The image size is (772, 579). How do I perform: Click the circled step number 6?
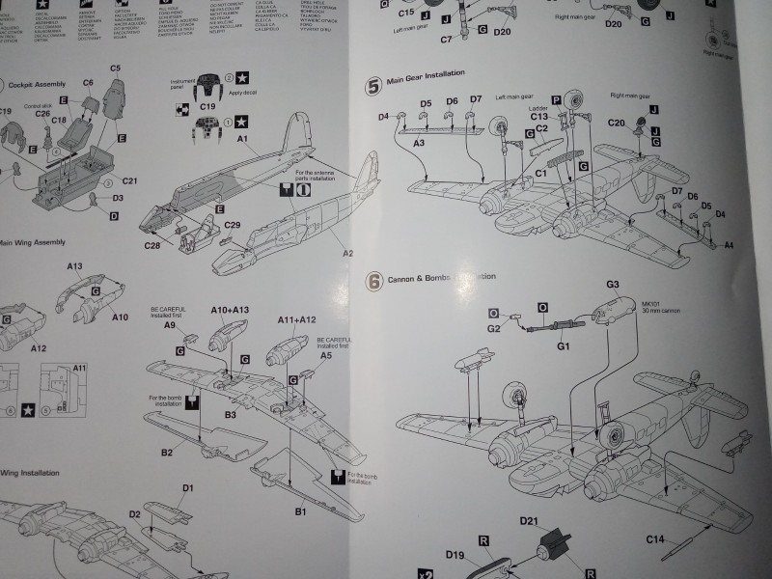(374, 280)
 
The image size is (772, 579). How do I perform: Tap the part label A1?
(243, 140)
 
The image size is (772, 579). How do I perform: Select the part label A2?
(347, 253)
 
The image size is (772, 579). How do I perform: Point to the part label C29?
(233, 225)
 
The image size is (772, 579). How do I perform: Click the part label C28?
(152, 245)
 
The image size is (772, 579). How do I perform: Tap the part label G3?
(611, 285)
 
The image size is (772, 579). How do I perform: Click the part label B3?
(232, 414)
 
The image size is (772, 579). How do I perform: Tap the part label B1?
(300, 510)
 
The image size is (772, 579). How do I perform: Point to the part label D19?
(456, 554)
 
